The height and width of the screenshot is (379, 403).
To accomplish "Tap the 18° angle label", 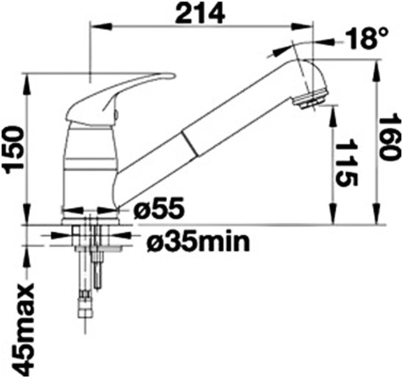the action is (366, 39).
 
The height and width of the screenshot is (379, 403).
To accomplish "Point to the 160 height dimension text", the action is (390, 139).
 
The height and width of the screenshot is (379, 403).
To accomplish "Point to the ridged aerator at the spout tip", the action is (312, 99).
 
